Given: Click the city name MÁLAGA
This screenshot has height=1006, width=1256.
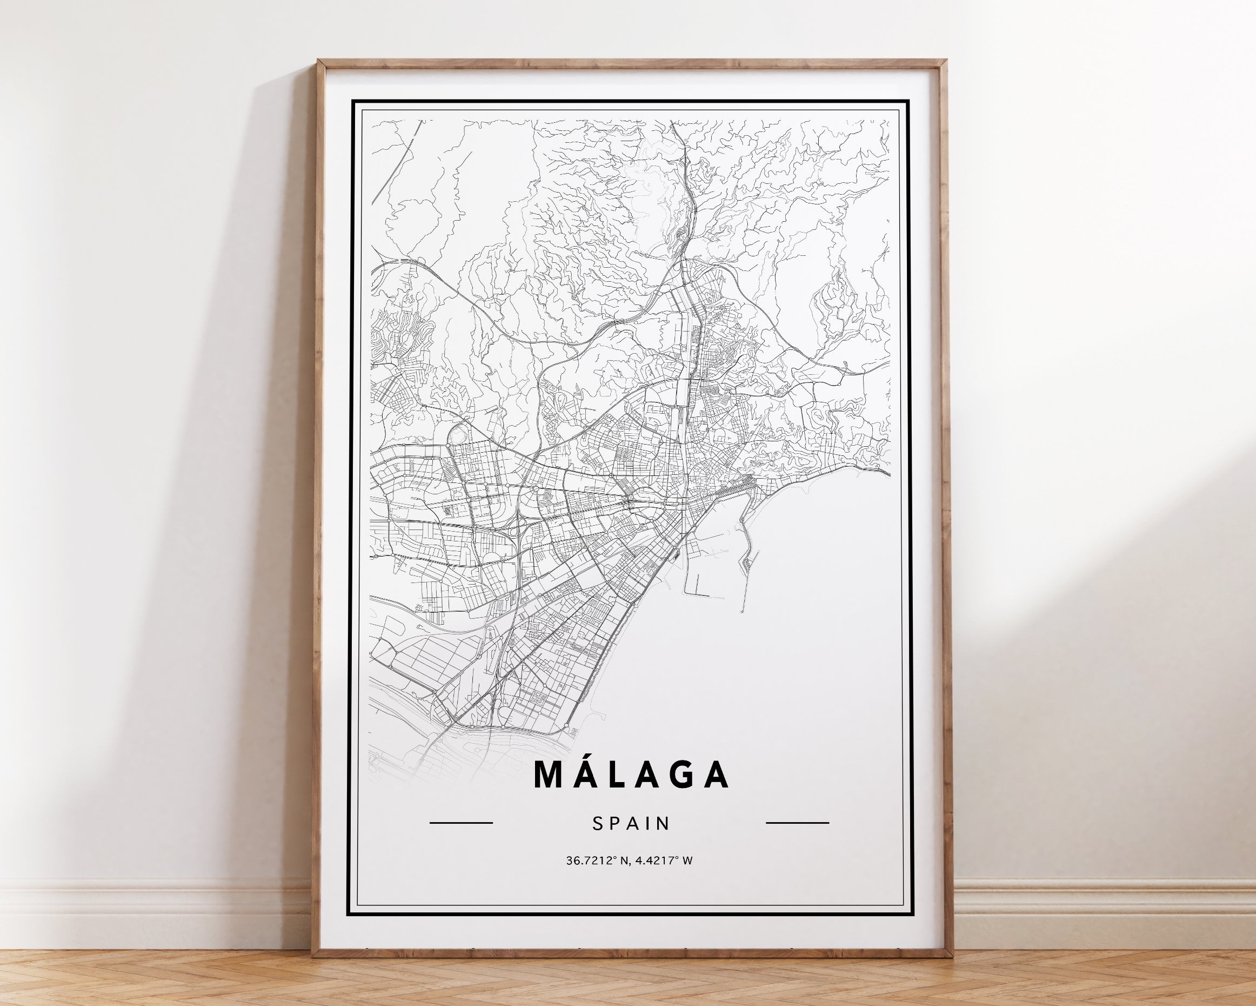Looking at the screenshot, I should click(x=631, y=773).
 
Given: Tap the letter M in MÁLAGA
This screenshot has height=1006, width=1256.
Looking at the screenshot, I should click(x=548, y=774).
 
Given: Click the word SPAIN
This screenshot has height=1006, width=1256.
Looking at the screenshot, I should click(x=631, y=824).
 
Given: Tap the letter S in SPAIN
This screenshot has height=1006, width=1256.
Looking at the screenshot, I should click(x=597, y=824).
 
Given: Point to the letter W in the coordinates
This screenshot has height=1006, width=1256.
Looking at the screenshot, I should click(x=688, y=861).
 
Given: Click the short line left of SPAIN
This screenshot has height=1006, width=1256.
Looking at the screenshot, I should click(x=461, y=823).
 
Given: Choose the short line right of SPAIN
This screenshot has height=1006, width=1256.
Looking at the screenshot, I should click(x=797, y=823).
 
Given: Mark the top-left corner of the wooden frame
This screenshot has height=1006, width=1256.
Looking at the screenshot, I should click(x=318, y=61).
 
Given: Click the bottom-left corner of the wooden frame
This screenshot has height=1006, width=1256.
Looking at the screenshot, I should click(x=313, y=956).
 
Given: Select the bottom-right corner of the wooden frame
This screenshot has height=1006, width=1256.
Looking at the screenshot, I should click(x=951, y=956).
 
